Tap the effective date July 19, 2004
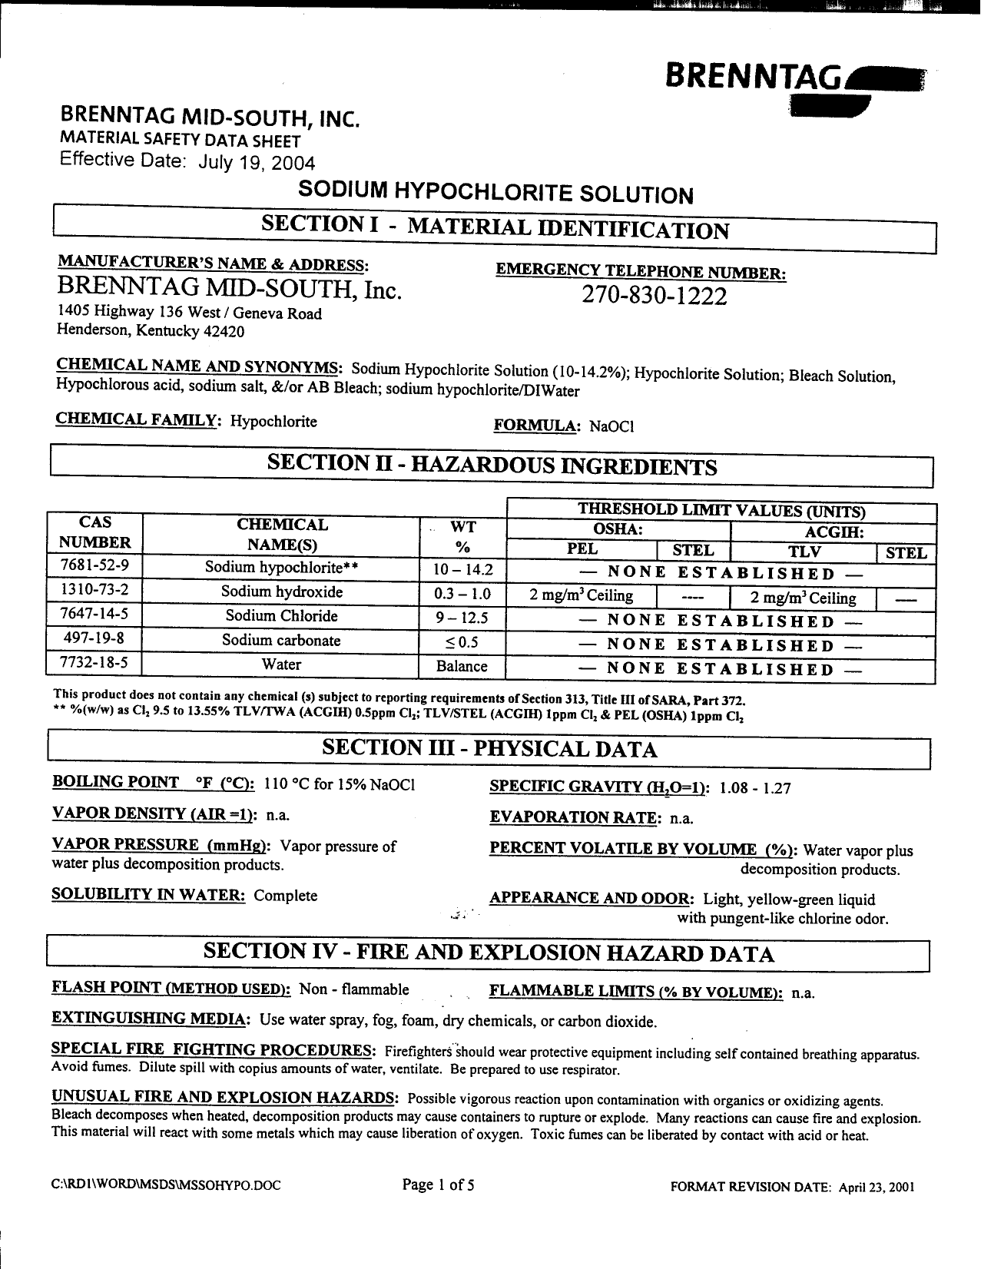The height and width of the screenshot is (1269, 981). point(257,163)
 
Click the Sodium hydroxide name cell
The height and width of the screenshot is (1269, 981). point(282,592)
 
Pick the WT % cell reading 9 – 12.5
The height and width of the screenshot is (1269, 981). point(462,618)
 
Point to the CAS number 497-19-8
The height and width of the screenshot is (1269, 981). point(94,641)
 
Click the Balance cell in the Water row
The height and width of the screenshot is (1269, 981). point(462,666)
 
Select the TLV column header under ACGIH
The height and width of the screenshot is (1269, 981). point(804,552)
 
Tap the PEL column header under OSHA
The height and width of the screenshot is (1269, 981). point(582,550)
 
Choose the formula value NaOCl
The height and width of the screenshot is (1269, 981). point(610,427)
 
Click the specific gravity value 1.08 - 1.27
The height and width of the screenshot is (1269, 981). point(755,788)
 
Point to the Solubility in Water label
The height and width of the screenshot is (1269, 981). point(148,895)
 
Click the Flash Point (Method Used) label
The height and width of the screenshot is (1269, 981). point(171,989)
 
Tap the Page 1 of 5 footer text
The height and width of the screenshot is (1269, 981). point(438,1185)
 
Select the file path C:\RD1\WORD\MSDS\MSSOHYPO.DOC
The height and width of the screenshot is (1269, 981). point(166,1185)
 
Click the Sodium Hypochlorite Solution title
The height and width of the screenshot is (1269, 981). point(495,192)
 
